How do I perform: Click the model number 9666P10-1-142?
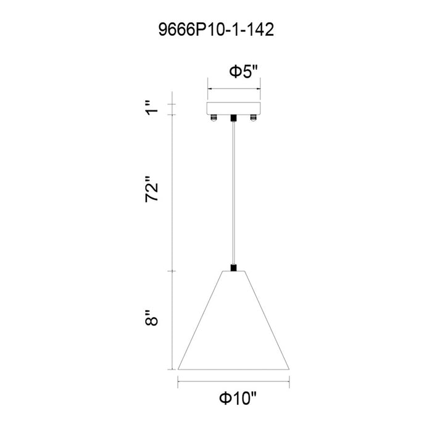tap(216, 30)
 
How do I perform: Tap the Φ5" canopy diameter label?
tap(243, 72)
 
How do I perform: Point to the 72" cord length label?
tap(152, 189)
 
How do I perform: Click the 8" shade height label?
tap(152, 318)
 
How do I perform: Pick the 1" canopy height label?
tap(152, 108)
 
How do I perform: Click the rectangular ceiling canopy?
tap(234, 108)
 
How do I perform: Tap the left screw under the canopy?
tap(214, 118)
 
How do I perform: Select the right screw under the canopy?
tap(253, 118)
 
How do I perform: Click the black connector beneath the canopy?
tap(234, 118)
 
